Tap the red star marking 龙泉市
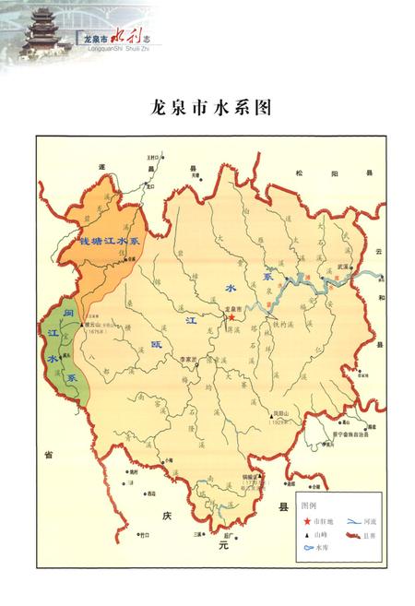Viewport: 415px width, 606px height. (x=231, y=317)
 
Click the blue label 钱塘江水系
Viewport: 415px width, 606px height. (x=108, y=241)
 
